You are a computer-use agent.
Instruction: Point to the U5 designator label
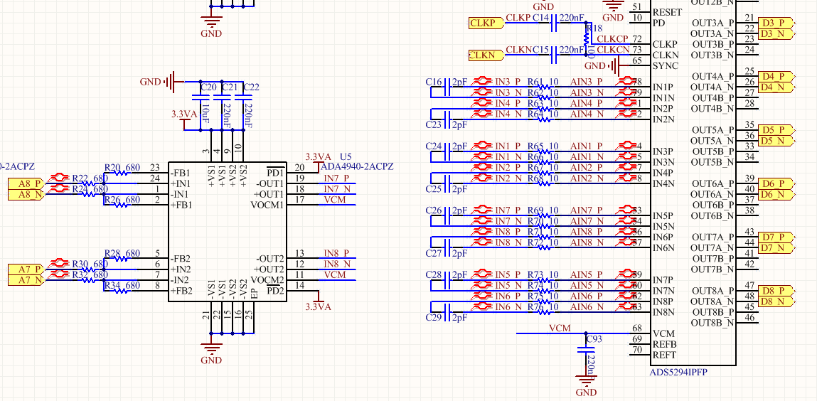(346, 156)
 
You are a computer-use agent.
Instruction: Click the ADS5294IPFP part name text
(678, 372)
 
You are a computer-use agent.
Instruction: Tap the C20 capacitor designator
(208, 87)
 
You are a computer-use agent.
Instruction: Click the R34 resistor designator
(112, 286)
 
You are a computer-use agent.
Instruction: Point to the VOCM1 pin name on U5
(267, 205)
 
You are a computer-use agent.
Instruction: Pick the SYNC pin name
(665, 65)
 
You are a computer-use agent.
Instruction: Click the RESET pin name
(667, 12)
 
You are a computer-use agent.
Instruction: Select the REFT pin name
(665, 355)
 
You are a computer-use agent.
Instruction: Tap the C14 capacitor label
(541, 17)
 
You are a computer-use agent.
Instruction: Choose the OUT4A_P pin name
(712, 76)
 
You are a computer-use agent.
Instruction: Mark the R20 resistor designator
(112, 168)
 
